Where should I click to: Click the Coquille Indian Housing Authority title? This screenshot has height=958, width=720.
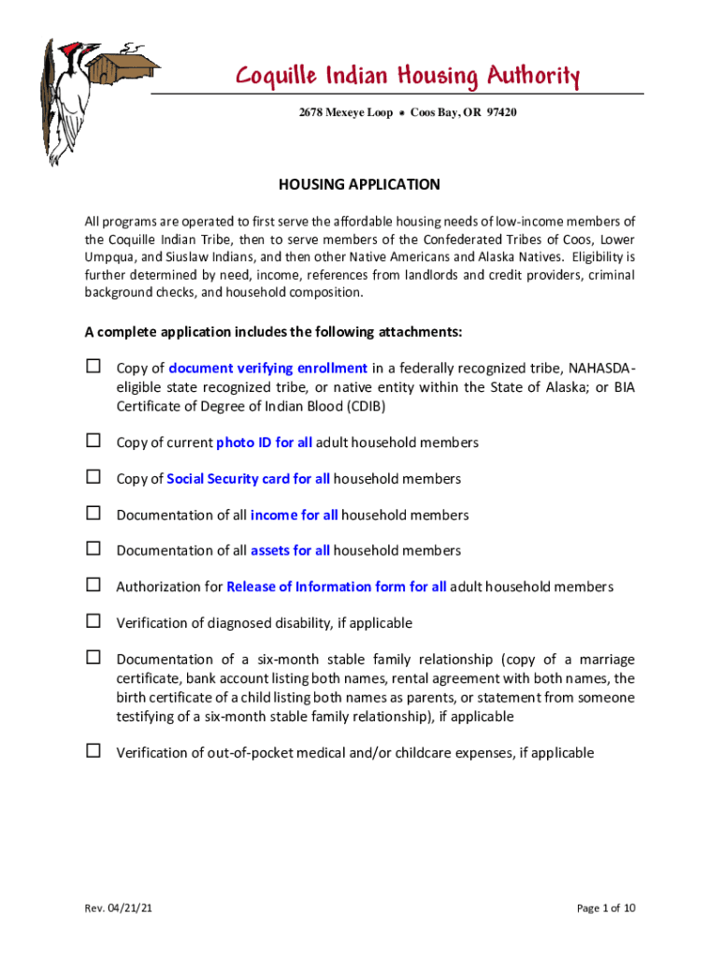tap(407, 76)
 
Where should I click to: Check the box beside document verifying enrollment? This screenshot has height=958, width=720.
tap(94, 367)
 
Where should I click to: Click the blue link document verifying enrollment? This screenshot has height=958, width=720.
tap(267, 368)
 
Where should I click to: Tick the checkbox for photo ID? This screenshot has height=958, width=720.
tap(94, 441)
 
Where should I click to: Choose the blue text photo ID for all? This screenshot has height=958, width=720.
tap(264, 443)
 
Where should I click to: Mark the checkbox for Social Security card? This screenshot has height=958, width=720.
tap(94, 477)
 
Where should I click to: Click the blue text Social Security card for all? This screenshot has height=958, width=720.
tap(248, 479)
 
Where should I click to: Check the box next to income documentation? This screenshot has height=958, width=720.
tap(94, 513)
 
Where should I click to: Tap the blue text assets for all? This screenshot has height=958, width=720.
tap(290, 551)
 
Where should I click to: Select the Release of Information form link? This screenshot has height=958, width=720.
tap(336, 588)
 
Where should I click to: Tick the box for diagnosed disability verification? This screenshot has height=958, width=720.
tap(94, 621)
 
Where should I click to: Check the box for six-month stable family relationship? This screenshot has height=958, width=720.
tap(94, 658)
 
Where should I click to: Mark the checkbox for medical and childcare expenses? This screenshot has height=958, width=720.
tap(94, 750)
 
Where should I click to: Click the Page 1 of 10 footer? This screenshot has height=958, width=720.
tap(606, 907)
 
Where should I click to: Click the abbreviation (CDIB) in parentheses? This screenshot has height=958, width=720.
tap(355, 407)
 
